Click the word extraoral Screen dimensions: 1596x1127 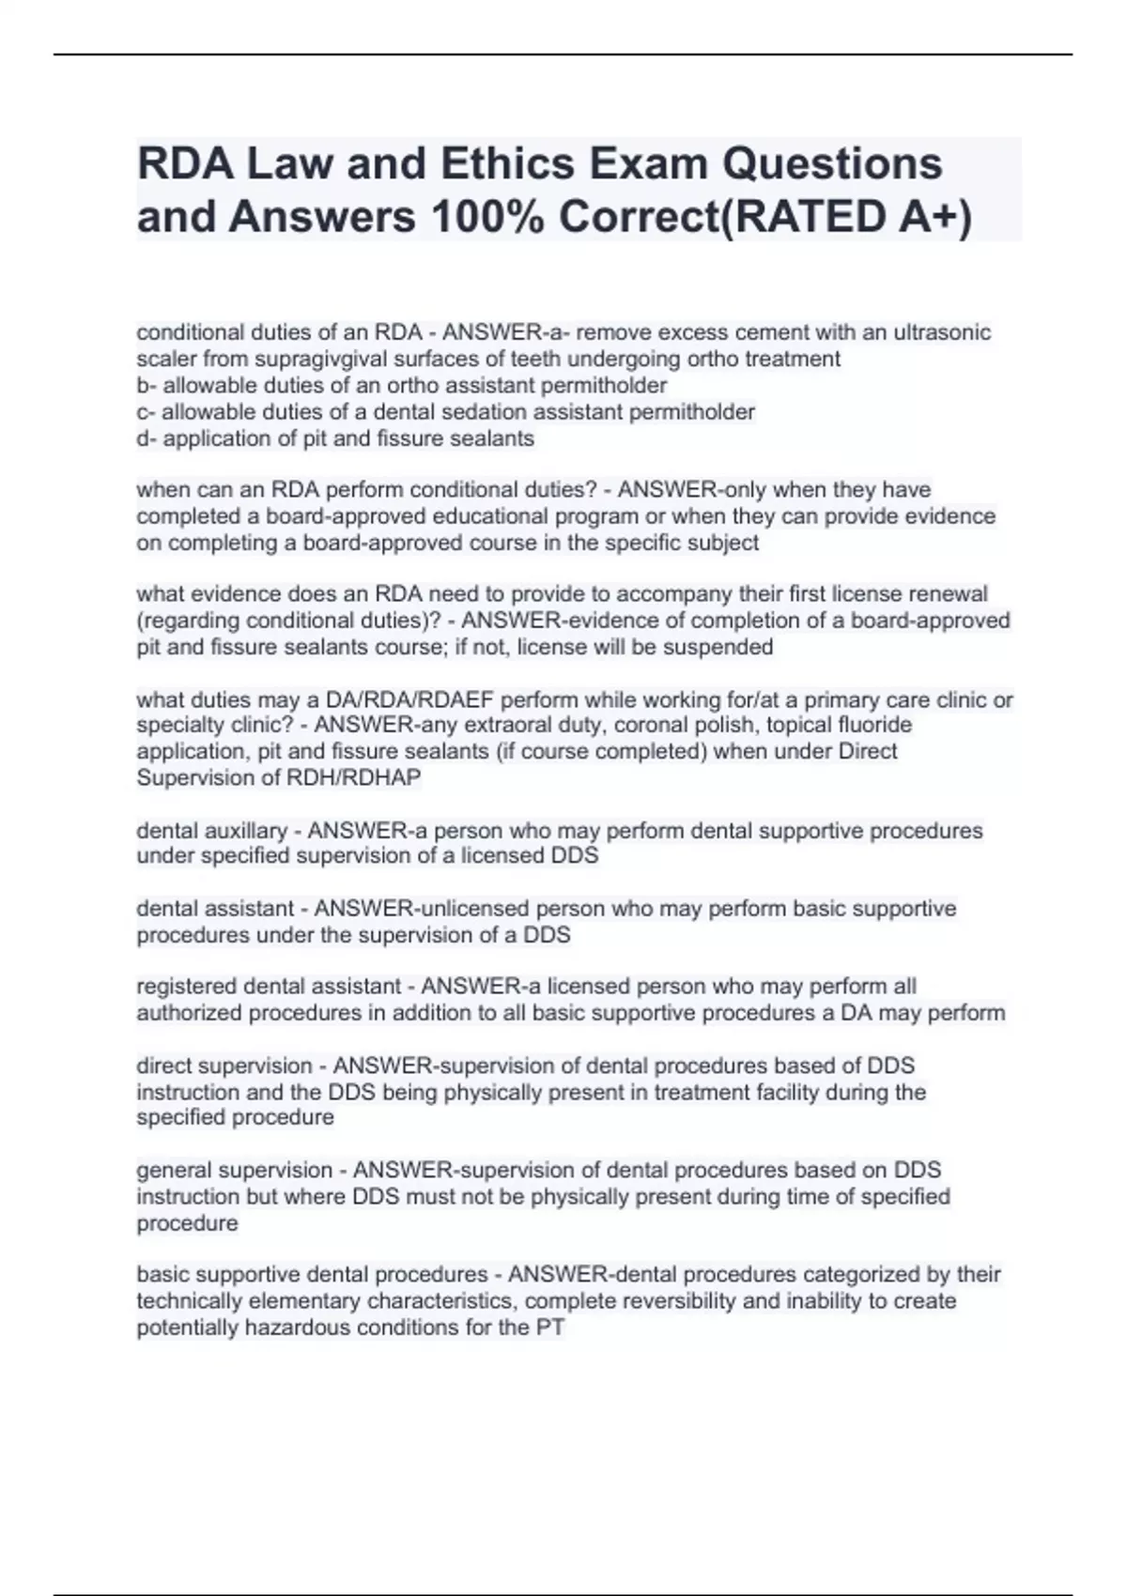[x=438, y=725]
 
